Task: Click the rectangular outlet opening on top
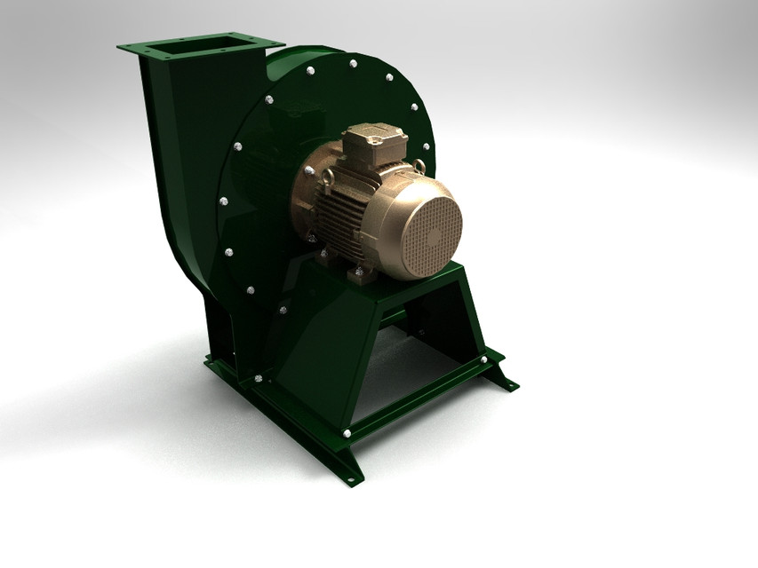199,43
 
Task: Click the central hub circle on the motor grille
433,236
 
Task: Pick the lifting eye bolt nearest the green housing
328,180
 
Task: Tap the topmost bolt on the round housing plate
353,63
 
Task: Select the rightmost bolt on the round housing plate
426,146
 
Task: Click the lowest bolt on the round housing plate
283,310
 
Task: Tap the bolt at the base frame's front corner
346,433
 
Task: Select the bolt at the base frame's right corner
483,359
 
